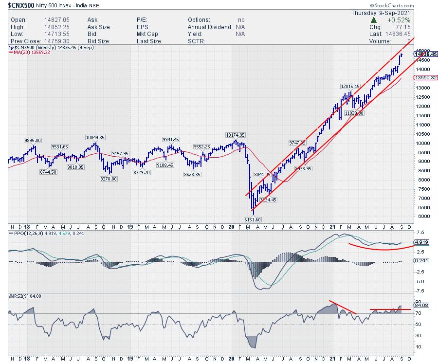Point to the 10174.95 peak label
click(235, 135)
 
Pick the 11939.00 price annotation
click(354, 112)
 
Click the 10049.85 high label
click(95, 138)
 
